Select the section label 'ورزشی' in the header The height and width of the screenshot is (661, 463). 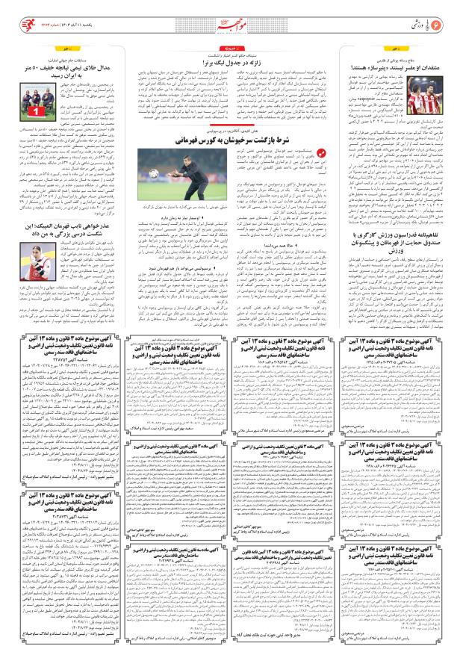[x=414, y=13]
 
